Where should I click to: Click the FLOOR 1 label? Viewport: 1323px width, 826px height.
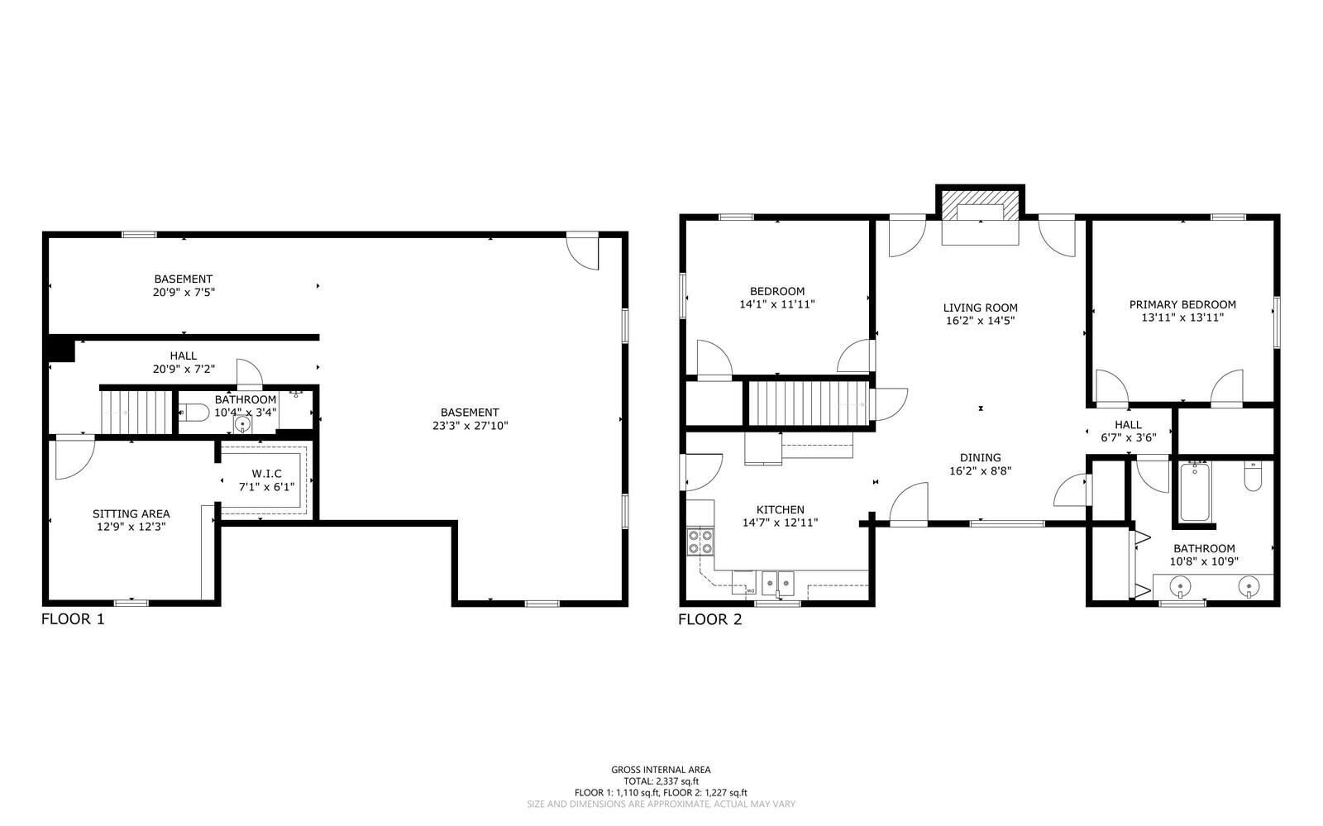pos(73,619)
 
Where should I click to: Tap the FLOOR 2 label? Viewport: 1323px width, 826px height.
pos(710,619)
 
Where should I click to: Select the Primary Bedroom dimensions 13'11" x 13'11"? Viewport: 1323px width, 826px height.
pos(1182,318)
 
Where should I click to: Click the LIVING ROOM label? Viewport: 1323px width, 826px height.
pos(981,308)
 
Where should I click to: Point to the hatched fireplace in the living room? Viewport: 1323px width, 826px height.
pos(981,205)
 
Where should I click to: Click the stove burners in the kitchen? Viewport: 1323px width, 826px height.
pos(700,542)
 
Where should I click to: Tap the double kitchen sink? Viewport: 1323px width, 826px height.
pos(777,584)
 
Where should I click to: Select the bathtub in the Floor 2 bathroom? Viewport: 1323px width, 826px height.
pos(1195,492)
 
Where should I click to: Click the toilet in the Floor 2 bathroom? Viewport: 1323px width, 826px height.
pos(1253,476)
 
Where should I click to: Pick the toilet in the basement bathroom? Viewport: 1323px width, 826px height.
pos(193,412)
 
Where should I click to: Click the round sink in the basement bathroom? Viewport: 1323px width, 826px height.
pos(242,424)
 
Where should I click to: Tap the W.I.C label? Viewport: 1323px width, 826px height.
pos(266,474)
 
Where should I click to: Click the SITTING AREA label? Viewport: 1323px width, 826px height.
pos(131,513)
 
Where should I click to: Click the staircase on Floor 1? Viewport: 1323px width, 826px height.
pos(136,412)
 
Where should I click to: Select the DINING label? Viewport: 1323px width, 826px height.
pos(981,457)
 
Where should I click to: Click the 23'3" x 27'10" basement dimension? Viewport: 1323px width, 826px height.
pos(470,426)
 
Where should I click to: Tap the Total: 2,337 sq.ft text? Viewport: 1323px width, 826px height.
pos(661,781)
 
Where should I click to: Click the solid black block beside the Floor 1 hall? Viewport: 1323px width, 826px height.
pos(61,348)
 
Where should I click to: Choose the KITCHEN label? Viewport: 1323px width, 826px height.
pos(781,509)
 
